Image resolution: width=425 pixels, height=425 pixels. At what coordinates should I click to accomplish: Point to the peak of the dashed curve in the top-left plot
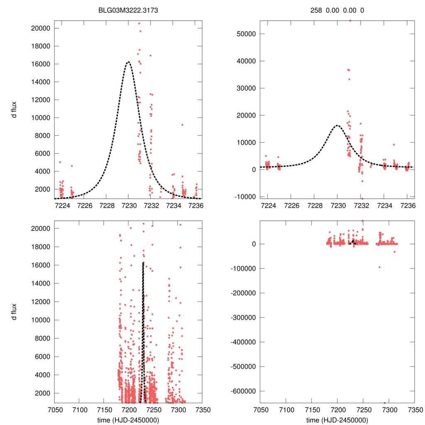pyautogui.click(x=128, y=62)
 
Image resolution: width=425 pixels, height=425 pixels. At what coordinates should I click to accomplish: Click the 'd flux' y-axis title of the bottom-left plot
pyautogui.click(x=14, y=312)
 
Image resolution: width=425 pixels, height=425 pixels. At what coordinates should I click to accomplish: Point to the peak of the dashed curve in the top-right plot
pyautogui.click(x=337, y=125)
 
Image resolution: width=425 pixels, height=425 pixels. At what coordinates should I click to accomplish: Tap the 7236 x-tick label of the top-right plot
pyautogui.click(x=407, y=205)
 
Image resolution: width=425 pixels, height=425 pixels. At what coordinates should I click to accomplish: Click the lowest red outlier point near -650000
pyautogui.click(x=384, y=403)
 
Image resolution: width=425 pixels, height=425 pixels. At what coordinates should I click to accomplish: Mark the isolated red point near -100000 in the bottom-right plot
pyautogui.click(x=379, y=267)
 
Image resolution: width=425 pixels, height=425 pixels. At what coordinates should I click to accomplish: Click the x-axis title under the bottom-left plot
pyautogui.click(x=128, y=420)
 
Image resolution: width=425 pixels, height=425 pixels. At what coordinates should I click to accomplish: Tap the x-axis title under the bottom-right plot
pyautogui.click(x=337, y=420)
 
